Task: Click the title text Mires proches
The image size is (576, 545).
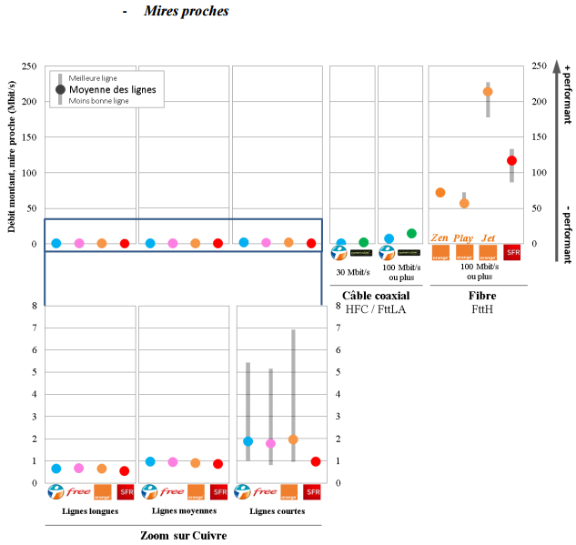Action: click(x=186, y=12)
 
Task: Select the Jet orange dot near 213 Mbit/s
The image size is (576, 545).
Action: click(x=488, y=92)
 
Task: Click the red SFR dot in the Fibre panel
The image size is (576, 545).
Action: click(x=511, y=160)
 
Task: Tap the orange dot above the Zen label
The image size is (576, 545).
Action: click(x=440, y=193)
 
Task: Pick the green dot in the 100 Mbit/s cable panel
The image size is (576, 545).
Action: click(x=411, y=234)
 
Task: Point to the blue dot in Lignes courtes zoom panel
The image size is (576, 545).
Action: click(x=248, y=441)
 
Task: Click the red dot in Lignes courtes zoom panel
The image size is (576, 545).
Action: click(x=316, y=461)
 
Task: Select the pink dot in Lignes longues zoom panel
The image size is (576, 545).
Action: click(x=79, y=468)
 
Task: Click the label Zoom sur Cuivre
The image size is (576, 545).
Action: click(x=183, y=536)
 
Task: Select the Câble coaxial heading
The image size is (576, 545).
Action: click(x=375, y=296)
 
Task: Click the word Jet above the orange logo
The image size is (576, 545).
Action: click(x=488, y=237)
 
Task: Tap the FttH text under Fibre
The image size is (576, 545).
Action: click(x=481, y=309)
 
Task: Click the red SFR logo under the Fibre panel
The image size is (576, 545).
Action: click(x=511, y=253)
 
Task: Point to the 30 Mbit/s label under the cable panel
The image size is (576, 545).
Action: click(x=352, y=271)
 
